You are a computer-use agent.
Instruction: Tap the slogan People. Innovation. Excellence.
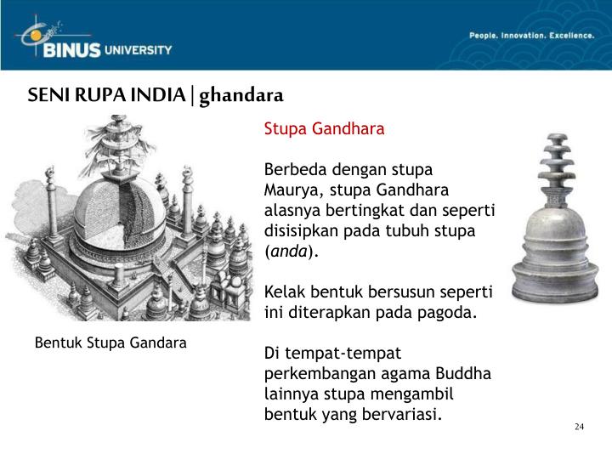pyautogui.click(x=531, y=36)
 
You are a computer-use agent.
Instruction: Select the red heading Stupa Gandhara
pyautogui.click(x=324, y=129)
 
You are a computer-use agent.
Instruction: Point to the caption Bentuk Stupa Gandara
pyautogui.click(x=110, y=343)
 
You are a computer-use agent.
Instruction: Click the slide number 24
pyautogui.click(x=579, y=426)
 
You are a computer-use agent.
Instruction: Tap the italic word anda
pyautogui.click(x=288, y=252)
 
